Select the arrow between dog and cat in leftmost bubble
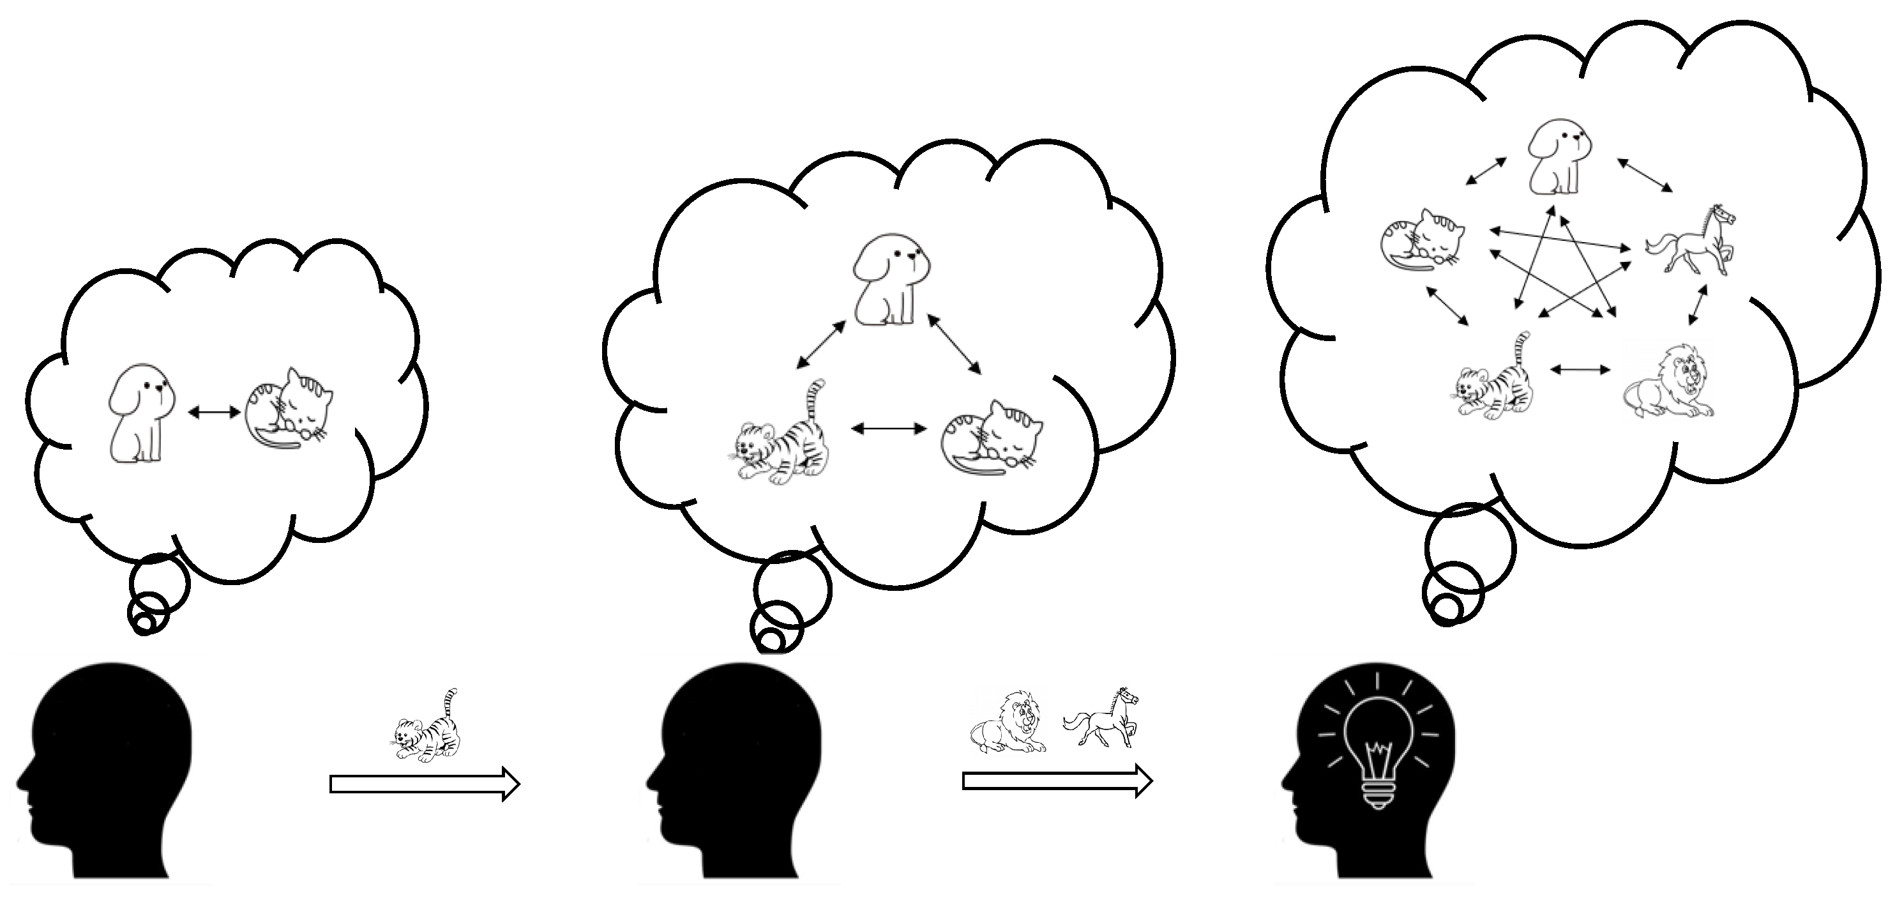point(214,413)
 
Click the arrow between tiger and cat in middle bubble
point(888,429)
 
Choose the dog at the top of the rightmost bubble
point(1555,159)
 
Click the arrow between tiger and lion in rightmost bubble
point(1579,369)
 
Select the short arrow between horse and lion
point(1696,305)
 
